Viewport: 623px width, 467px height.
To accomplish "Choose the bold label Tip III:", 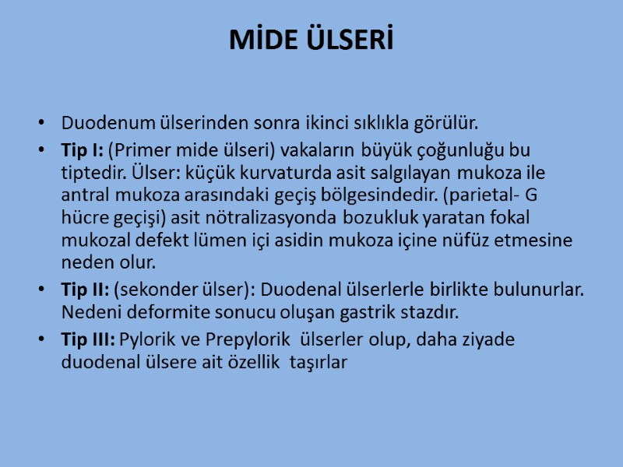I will click(x=87, y=340).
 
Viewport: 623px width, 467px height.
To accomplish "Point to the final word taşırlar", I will click(x=319, y=361).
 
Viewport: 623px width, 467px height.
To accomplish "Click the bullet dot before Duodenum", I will click(x=40, y=124).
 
